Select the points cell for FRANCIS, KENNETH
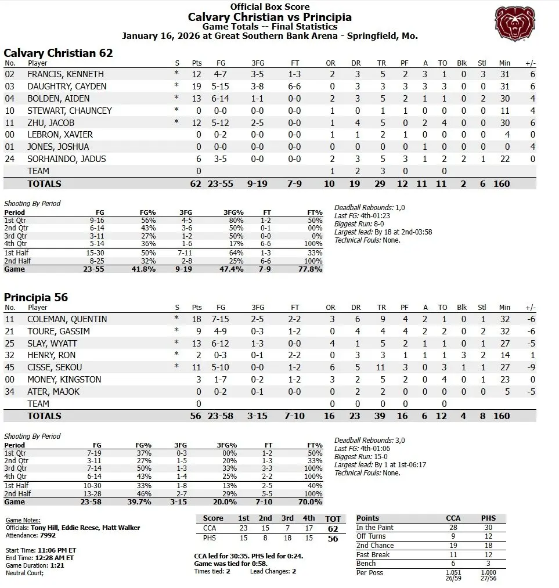[x=197, y=74]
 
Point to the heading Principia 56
[x=36, y=297]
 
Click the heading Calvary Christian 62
[x=58, y=53]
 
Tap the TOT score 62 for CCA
[x=333, y=529]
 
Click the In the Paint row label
[x=375, y=528]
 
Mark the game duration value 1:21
[x=56, y=565]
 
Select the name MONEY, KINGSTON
[x=64, y=380]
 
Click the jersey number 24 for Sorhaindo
[x=9, y=159]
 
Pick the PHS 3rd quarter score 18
[x=287, y=538]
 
